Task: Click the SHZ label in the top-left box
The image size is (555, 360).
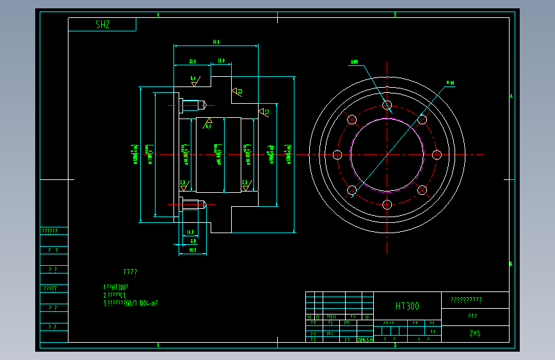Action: coord(102,25)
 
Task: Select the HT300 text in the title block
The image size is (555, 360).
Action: coord(407,306)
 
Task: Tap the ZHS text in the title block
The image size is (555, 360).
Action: coord(474,334)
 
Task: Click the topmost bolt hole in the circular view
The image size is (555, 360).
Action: coord(387,105)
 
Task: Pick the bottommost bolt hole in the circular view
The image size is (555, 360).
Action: coord(387,204)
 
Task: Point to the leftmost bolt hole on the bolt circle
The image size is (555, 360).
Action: coord(337,154)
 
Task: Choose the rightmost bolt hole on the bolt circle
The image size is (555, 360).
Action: coord(437,154)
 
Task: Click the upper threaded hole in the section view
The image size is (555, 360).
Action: coord(192,104)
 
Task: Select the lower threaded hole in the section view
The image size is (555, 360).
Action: coord(192,205)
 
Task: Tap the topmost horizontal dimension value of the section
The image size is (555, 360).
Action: coord(216,42)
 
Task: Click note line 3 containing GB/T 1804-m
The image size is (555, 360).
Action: coord(131,303)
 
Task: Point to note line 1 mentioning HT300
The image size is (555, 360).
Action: coord(116,288)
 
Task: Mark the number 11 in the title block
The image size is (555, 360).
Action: coord(433,332)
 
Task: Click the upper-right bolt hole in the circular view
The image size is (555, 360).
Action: coord(422,120)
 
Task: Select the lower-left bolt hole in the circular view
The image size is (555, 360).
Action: coord(351,190)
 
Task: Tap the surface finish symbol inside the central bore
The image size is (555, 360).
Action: coord(208,123)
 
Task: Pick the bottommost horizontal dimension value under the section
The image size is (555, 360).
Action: coord(192,250)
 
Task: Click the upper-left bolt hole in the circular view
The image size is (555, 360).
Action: coord(351,120)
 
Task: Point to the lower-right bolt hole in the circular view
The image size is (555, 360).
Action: coord(422,190)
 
